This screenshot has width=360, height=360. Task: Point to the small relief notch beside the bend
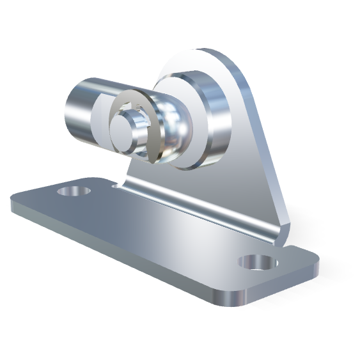click(x=116, y=185)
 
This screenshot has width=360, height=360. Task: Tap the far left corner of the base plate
click(x=14, y=205)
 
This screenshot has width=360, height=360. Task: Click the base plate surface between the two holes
click(x=160, y=237)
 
